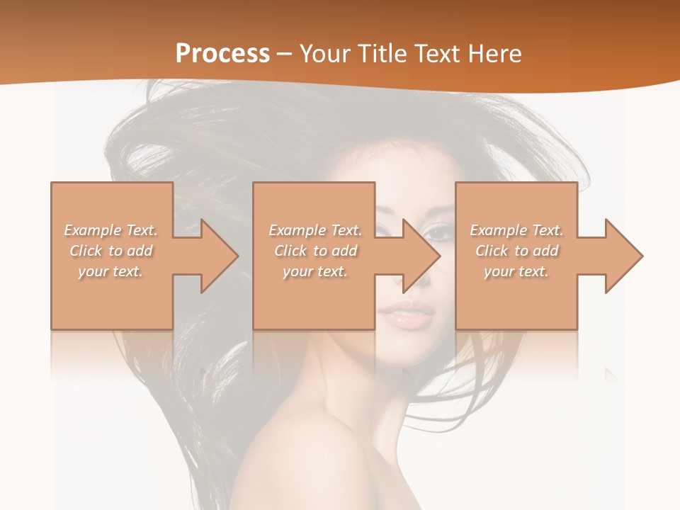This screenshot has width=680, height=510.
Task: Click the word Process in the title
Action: tap(222, 54)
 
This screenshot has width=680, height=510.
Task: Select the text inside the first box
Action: tap(111, 251)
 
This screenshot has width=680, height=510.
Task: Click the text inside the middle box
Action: tap(314, 251)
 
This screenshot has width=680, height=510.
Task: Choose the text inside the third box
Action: tap(516, 251)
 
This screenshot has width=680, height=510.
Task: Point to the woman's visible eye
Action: tap(437, 232)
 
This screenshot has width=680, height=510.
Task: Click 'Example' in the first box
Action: tap(92, 230)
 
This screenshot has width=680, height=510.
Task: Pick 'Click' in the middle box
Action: tap(291, 251)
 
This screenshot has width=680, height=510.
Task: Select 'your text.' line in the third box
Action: tap(516, 271)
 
